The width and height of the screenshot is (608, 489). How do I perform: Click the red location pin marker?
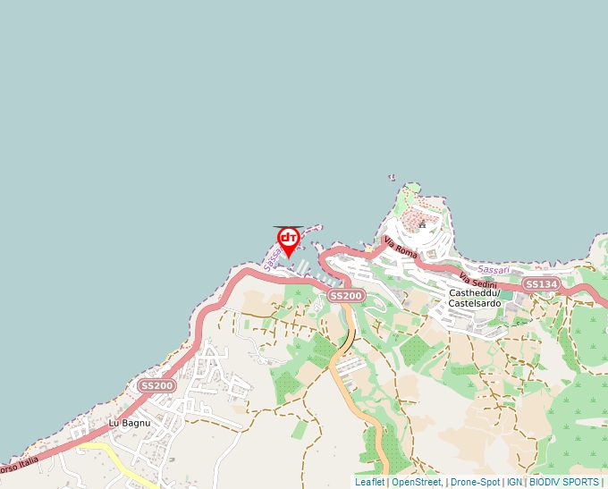coord(288,240)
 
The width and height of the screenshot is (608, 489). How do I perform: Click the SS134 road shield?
coord(541,284)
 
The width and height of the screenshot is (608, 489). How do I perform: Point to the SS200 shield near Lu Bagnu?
coord(156,385)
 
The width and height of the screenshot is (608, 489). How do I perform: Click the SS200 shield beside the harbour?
coord(346,295)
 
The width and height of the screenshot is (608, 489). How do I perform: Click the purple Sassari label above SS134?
coord(493,268)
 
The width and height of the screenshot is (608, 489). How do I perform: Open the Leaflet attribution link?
coord(369,482)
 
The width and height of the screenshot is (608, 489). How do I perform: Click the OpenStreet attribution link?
coord(416,482)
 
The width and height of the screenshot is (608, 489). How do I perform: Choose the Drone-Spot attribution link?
coord(475,482)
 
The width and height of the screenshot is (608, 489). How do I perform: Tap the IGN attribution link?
coord(514,482)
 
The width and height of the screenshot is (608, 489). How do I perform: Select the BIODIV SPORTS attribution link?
coord(563,482)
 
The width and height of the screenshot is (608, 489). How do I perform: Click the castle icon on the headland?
coord(422,223)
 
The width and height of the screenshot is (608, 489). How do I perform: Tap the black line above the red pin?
coord(288,226)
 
